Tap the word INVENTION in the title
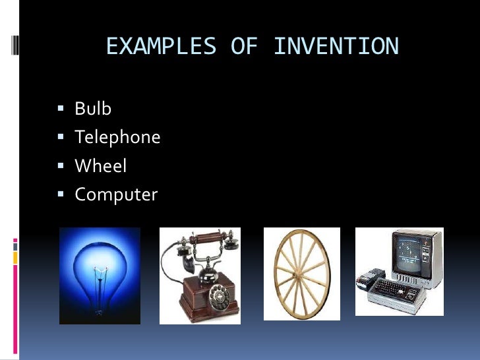coord(336,47)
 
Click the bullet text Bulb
coord(93,109)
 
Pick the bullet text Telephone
coord(117,137)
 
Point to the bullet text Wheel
coord(100,166)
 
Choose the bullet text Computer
coord(116,195)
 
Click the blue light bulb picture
coord(100,276)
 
